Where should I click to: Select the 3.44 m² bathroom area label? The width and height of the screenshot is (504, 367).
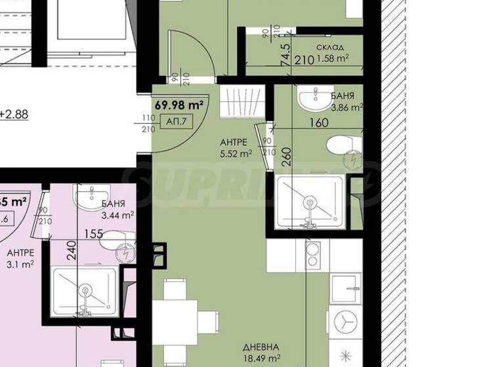[x=118, y=214]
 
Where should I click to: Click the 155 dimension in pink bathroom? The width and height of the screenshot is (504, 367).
[x=93, y=233]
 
